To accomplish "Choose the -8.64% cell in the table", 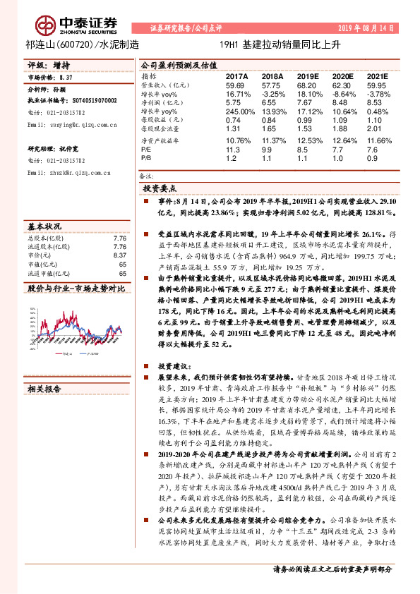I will tap(342, 93).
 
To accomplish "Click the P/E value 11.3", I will tap(233, 150).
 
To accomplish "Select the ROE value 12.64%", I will tap(342, 140).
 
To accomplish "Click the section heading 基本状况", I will tap(44, 227).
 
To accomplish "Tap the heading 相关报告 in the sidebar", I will tap(44, 388).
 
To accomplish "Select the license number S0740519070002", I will tap(92, 101).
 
